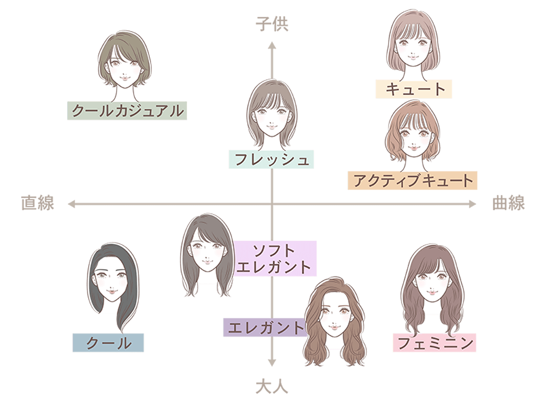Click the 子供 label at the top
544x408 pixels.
[272, 24]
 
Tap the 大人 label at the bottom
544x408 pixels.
[272, 386]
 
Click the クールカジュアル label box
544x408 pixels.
[127, 111]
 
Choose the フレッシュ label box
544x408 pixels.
[272, 160]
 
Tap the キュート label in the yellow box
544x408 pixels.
[414, 89]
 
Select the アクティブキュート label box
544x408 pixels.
[412, 180]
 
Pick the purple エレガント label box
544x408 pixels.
[264, 327]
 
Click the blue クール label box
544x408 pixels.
[108, 343]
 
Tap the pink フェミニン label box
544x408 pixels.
[435, 343]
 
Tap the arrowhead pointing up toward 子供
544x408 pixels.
[272, 45]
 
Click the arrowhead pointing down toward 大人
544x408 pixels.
[272, 362]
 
